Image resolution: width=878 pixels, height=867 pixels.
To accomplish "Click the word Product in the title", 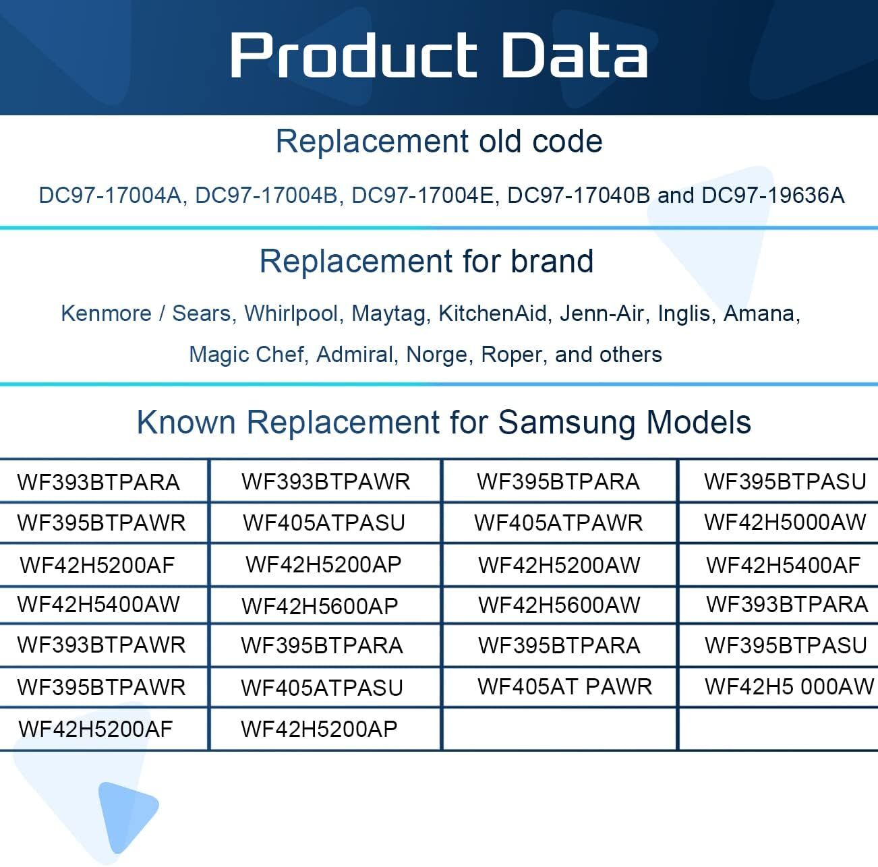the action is coord(353,55).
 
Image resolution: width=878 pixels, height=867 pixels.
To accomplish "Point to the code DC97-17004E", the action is coord(423,195).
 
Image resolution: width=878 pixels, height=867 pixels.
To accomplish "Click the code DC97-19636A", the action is coord(773,195).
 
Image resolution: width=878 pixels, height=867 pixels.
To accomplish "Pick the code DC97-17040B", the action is coord(579,195).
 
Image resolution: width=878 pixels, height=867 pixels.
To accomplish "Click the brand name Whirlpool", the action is coord(291,313).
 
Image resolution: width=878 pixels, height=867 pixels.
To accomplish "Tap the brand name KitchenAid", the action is coord(493,313).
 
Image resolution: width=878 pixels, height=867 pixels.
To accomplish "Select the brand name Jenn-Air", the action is coord(602,313).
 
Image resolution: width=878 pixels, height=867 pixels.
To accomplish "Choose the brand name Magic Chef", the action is coord(247,355).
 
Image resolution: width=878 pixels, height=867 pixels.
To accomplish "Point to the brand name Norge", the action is coord(436,355).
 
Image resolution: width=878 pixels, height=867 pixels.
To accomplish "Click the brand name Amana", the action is coord(759,313).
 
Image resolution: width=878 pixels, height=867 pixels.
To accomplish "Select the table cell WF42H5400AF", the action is coord(783,565).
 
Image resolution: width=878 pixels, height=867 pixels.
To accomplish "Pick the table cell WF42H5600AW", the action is coord(559,605).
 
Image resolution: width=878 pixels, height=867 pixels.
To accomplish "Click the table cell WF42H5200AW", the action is coord(559,565).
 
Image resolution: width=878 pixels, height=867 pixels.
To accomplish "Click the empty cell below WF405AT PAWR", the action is coord(560,729).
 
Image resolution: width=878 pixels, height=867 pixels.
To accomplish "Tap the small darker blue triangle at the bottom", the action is coord(127,816).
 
